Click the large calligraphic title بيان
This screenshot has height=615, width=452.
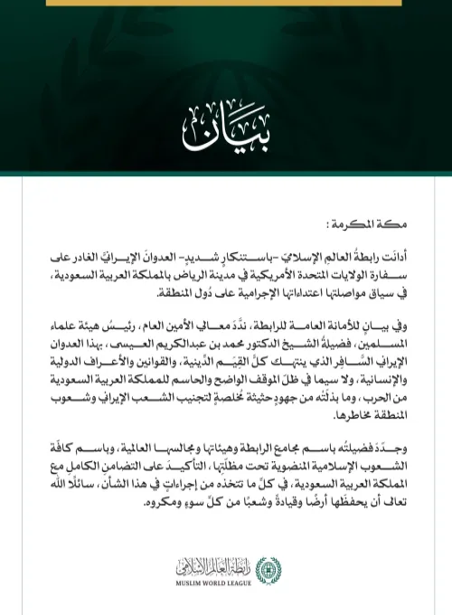[225, 131]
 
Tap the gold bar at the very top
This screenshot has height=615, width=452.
[225, 4]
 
